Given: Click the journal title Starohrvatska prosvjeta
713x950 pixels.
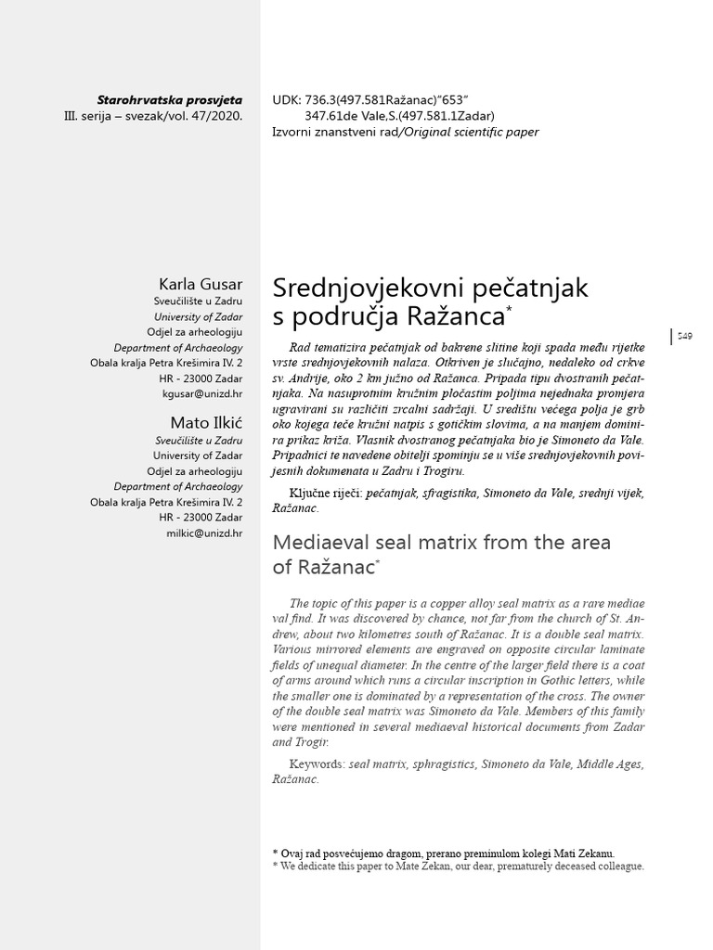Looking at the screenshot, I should pos(169,100).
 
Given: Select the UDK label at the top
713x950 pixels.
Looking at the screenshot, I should pos(285,100).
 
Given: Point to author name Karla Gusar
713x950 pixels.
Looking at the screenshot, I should pos(201,283).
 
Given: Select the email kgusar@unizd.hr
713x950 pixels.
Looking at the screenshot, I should pos(202,394).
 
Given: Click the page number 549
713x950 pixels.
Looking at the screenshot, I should pos(684,336).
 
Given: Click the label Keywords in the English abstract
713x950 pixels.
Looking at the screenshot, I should pos(316,764).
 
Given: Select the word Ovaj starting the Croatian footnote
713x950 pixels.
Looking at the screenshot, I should pos(294,853).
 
